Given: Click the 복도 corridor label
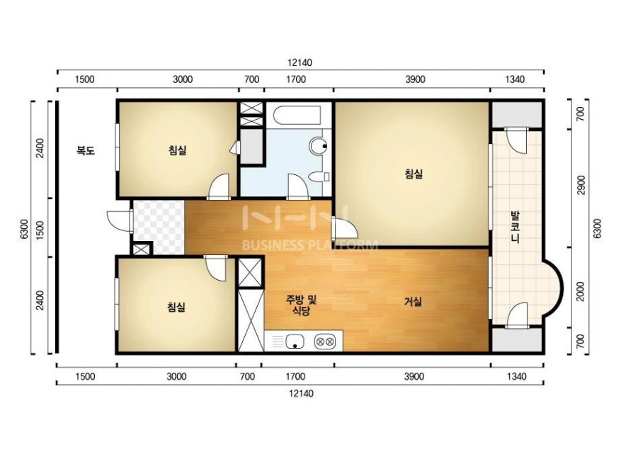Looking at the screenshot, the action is [x=86, y=150].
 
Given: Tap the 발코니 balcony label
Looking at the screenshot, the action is [x=515, y=227].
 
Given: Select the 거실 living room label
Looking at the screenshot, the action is [x=413, y=302].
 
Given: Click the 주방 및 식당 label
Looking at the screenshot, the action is [x=301, y=305].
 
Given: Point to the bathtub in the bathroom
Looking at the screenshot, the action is [x=297, y=115].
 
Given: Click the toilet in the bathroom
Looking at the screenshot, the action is [x=319, y=176].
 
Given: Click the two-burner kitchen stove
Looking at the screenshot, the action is [x=325, y=342].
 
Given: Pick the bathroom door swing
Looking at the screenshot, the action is [x=298, y=185].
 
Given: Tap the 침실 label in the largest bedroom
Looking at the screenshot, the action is [x=414, y=174].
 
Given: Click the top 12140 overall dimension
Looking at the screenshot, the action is [x=300, y=62].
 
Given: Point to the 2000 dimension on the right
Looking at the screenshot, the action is [x=581, y=291].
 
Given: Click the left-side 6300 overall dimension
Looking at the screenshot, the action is [x=24, y=229].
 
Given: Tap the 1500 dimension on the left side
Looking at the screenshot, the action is [x=40, y=230].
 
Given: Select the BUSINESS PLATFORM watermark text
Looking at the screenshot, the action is [x=310, y=245].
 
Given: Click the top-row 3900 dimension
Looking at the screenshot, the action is [x=415, y=79].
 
